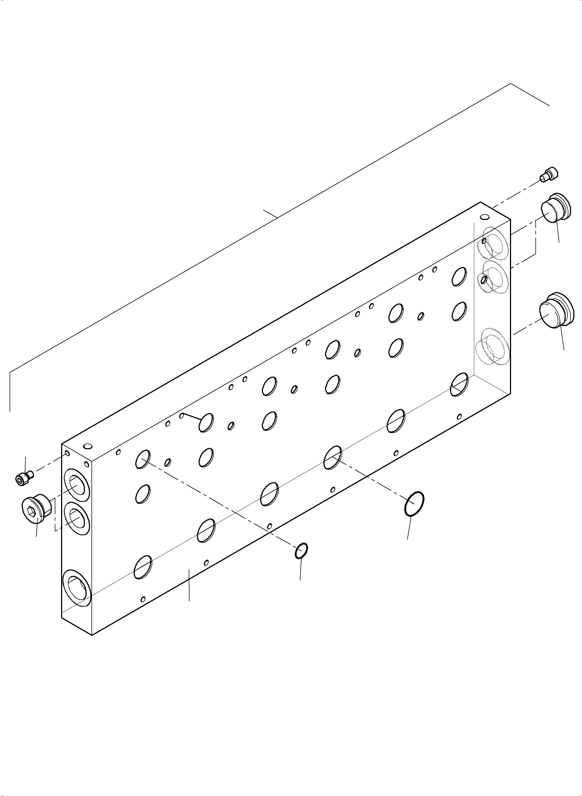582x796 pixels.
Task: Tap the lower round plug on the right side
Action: click(x=556, y=310)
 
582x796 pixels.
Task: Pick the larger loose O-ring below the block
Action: click(x=414, y=504)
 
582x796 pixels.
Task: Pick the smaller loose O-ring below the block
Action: click(x=301, y=551)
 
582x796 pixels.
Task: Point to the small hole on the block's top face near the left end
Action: click(x=88, y=447)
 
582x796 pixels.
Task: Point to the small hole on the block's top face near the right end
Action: click(x=486, y=216)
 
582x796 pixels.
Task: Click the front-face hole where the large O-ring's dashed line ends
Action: click(x=332, y=457)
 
